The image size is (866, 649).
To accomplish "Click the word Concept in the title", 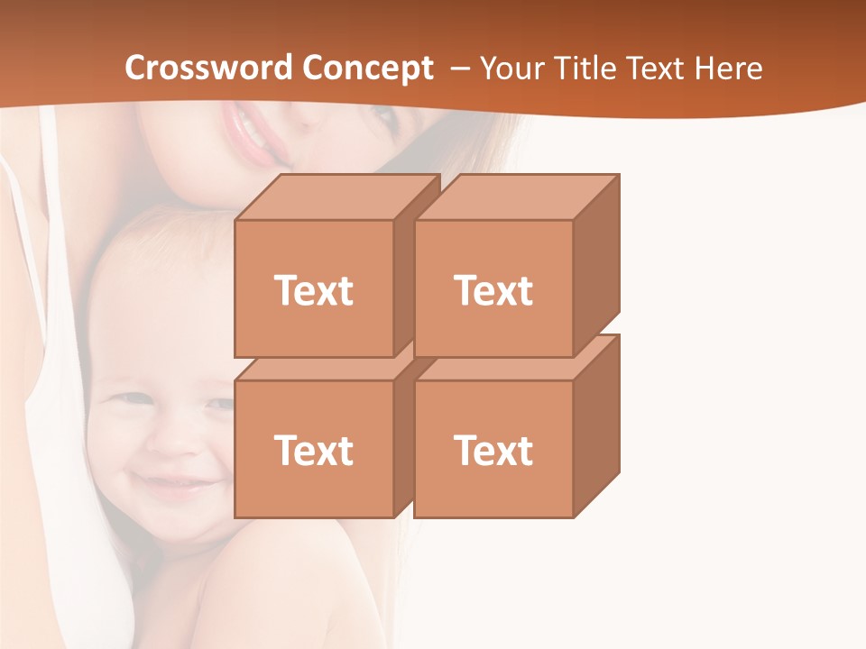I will tap(367, 68).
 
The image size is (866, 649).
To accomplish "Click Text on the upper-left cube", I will tap(313, 290).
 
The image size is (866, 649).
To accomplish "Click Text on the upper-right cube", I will tap(493, 290).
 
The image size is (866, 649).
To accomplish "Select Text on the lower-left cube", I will tap(313, 450).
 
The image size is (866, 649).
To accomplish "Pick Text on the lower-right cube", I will tap(493, 450).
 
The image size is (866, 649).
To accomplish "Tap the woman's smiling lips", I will tap(252, 132).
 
